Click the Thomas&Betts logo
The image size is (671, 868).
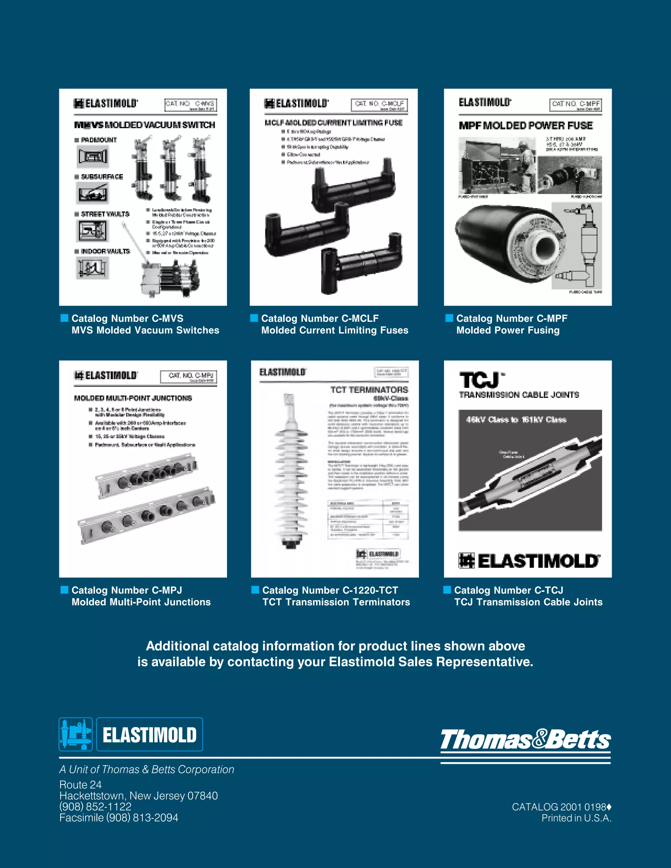[525, 740]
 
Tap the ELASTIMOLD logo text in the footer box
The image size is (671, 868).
[149, 734]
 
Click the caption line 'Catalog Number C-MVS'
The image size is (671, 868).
[127, 318]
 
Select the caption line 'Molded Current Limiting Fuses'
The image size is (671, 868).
[335, 330]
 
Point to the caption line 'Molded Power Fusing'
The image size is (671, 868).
[508, 330]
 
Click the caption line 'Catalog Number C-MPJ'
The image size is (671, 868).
[126, 590]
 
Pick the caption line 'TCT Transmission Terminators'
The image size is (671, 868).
[336, 602]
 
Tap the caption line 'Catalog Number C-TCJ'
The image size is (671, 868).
[508, 590]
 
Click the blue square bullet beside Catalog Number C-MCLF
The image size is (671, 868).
[254, 318]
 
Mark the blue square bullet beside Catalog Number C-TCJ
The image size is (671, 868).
[447, 590]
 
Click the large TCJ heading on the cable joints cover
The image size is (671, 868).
[479, 380]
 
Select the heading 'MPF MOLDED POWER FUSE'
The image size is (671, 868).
[526, 125]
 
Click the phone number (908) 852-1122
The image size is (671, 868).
[95, 806]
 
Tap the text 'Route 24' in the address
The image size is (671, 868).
[80, 784]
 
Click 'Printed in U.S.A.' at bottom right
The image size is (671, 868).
[576, 818]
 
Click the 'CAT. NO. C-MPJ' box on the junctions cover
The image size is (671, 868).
[189, 377]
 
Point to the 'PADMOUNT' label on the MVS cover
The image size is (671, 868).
[99, 140]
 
